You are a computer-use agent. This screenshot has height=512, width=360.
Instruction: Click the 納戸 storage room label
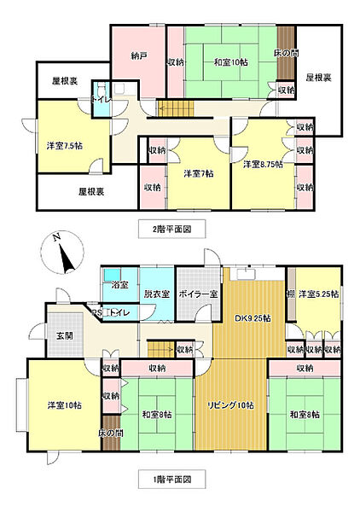[139, 56]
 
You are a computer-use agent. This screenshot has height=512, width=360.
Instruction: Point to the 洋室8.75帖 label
[263, 164]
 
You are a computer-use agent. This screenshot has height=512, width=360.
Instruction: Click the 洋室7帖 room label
[199, 173]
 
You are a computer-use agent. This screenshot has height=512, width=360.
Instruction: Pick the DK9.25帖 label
[253, 318]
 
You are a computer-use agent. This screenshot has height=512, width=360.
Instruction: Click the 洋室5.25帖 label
[318, 294]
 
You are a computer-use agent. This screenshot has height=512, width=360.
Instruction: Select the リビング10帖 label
[230, 405]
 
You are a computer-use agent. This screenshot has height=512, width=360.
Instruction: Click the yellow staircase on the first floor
[160, 348]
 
